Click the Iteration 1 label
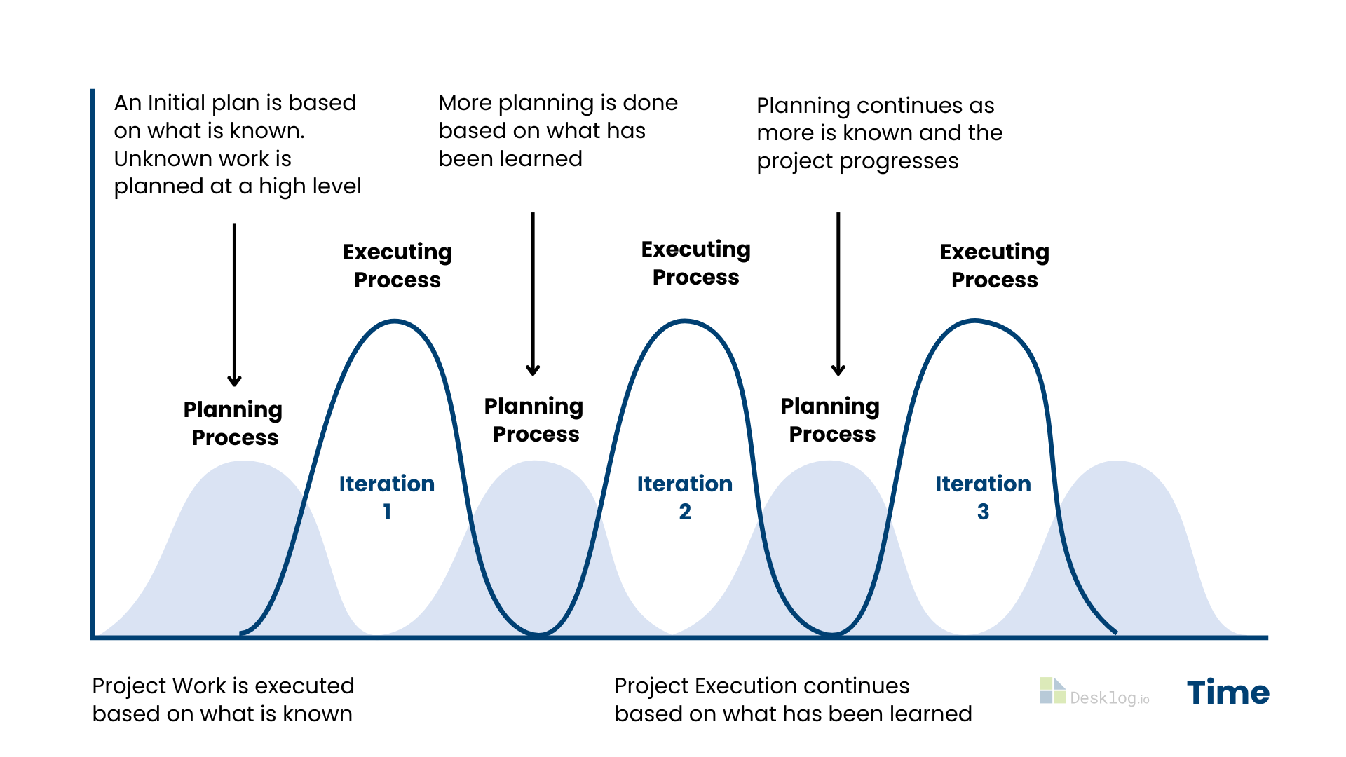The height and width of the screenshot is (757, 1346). point(387,497)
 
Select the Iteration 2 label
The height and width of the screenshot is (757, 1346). point(685,497)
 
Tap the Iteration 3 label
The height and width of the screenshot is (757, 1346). point(983,497)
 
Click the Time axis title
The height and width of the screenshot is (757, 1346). point(1228,693)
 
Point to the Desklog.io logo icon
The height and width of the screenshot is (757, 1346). point(1052,690)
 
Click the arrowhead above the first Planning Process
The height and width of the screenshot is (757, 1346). point(234,381)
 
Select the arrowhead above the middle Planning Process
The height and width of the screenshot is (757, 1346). point(533,369)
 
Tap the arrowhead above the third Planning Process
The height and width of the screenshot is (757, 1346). point(838,369)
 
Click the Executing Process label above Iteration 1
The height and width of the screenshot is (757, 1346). point(397,266)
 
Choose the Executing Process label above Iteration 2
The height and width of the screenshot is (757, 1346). point(696,263)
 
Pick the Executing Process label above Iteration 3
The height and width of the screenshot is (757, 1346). point(995,266)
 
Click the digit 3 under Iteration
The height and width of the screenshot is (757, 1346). point(984,512)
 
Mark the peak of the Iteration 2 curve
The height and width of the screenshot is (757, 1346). point(685,321)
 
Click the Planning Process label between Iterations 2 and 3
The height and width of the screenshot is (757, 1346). point(831,420)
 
